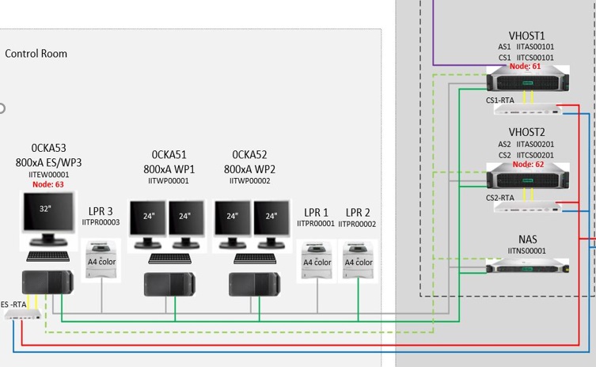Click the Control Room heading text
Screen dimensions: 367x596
point(36,54)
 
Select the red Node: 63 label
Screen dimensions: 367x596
point(48,184)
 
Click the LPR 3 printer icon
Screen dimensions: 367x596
point(101,259)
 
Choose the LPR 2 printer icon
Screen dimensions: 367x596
point(358,259)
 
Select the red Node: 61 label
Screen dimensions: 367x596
point(526,67)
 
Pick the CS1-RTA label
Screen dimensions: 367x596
point(500,100)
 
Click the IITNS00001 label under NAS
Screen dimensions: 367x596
point(526,250)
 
